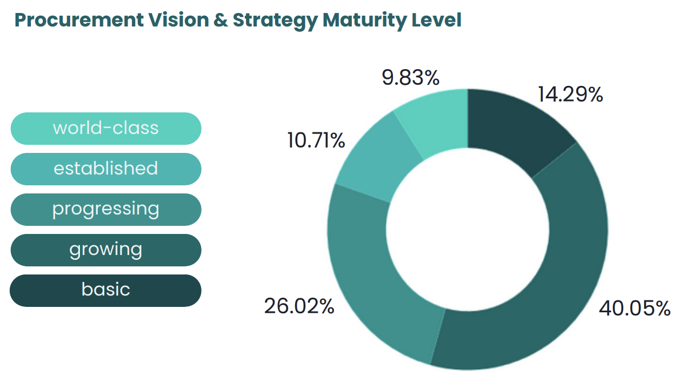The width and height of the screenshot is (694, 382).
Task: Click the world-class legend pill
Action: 106,129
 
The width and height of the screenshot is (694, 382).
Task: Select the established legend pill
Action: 106,169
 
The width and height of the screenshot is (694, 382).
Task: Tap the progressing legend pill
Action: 106,210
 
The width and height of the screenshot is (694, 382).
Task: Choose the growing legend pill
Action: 106,250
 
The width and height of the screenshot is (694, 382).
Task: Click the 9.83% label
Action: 411,78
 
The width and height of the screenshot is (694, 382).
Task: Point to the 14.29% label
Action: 570,95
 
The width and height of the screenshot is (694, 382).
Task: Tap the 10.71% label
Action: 316,141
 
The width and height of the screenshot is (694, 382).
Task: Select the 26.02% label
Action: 299,306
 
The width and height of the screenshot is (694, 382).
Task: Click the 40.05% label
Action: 635,309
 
